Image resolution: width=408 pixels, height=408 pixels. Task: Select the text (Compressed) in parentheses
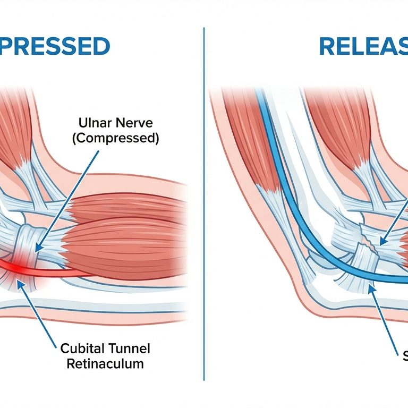[118, 139]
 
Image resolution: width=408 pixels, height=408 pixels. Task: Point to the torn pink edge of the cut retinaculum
[367, 250]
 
